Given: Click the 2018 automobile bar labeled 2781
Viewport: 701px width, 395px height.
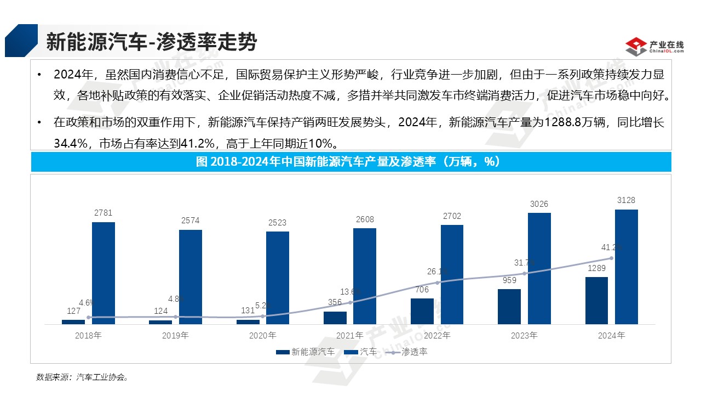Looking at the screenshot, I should tap(104, 273).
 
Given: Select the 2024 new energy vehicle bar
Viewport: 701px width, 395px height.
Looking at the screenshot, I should tap(596, 300).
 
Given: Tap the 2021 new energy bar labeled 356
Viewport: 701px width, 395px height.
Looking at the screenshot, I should tap(335, 318).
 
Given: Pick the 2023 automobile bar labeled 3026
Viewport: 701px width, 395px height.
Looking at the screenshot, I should tap(539, 268).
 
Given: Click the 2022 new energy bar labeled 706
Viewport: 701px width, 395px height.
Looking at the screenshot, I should tap(422, 311).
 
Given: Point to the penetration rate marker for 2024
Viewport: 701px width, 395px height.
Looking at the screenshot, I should tap(611, 258).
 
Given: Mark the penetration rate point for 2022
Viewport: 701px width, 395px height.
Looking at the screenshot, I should tap(437, 283).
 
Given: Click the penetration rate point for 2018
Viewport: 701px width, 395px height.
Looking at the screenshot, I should tap(89, 317).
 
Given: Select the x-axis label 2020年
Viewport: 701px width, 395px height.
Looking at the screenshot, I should tap(263, 335).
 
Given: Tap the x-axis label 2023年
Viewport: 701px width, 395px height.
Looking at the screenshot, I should tap(525, 335).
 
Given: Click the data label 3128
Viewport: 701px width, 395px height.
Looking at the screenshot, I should tap(626, 200).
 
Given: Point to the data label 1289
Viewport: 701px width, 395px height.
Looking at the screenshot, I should tap(596, 269).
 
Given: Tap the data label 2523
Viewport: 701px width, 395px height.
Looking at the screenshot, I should tap(278, 223).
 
